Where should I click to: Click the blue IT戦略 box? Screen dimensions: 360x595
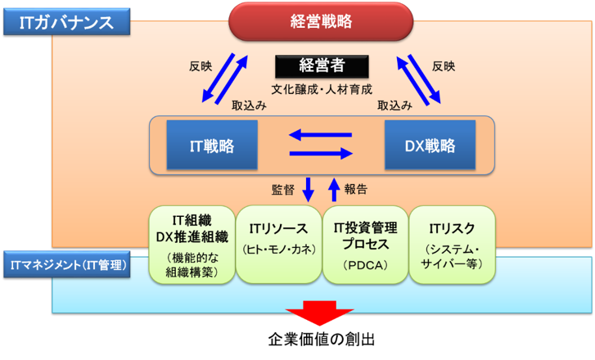tap(211, 146)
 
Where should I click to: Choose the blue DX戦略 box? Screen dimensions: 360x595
tap(430, 146)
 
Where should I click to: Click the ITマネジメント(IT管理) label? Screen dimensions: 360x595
tap(67, 266)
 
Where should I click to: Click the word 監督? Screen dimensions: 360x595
tap(282, 189)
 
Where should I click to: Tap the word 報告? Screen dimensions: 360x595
tap(356, 189)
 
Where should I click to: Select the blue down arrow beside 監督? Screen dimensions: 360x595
tap(308, 189)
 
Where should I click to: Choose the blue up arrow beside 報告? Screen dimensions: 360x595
tap(333, 189)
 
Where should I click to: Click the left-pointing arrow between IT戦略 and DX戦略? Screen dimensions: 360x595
tap(321, 135)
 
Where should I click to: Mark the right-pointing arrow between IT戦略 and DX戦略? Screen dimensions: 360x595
tap(321, 153)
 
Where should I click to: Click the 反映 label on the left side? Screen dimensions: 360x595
tap(200, 66)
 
